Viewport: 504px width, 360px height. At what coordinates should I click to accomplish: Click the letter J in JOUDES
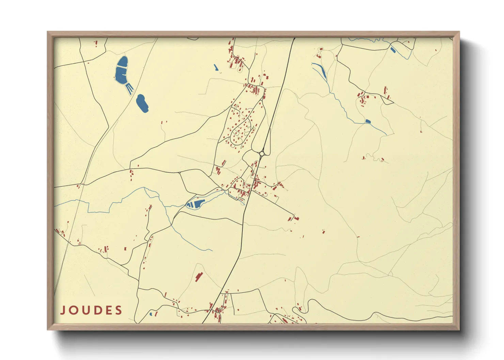coord(63,310)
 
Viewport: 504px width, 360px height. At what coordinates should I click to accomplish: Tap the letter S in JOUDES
coord(119,310)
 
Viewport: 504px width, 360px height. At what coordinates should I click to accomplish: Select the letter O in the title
coord(74,310)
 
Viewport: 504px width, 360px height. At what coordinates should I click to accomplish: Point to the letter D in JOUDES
coord(96,310)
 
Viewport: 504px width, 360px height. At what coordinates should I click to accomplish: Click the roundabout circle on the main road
coord(262,154)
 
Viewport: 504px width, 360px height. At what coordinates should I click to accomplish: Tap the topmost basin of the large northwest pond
coord(122,62)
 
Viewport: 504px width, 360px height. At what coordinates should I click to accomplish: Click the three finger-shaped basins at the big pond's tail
coord(129,88)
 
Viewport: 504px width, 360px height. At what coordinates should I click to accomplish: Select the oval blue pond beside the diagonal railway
coord(142,103)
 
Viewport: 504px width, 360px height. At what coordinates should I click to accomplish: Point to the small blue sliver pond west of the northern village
coord(216,68)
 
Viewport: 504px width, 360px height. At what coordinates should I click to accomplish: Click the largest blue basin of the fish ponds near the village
coord(197,204)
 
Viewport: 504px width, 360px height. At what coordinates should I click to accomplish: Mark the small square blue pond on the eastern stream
coord(368,121)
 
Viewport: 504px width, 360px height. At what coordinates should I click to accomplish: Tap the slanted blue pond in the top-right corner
coord(393,50)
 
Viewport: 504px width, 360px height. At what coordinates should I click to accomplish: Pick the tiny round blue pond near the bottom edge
coord(151,314)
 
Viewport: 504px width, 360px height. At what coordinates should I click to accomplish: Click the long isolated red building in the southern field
coord(199,277)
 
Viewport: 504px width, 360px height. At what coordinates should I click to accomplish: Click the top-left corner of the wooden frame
coord(48,32)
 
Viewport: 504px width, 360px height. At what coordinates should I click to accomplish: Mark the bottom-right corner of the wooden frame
coord(459,329)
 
